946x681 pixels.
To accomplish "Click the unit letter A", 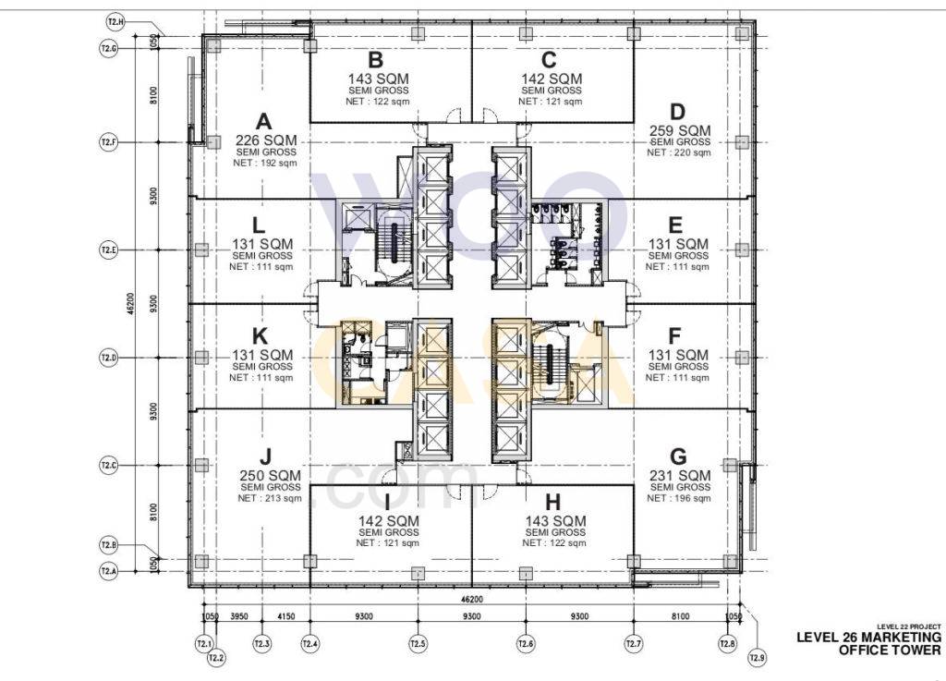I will coord(264,121).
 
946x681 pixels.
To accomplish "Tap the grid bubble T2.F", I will coord(108,142).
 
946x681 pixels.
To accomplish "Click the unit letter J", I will coord(265,456).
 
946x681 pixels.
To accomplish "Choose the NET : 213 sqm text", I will coord(270,498).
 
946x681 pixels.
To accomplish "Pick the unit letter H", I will coord(553,502).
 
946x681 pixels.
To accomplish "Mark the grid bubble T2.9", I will coord(758,657).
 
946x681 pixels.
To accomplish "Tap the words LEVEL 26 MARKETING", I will coord(868,638).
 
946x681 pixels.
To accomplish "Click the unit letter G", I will coord(678,456).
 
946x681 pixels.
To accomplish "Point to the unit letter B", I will coord(376,60).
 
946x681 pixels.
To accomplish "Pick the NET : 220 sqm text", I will coord(678,152).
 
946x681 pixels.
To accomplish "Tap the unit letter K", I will coord(260,335).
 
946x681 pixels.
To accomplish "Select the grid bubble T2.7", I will coord(634,643).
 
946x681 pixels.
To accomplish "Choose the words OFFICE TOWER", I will coord(890,651).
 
